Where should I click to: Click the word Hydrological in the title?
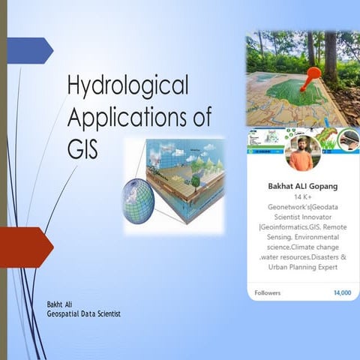click(x=127, y=86)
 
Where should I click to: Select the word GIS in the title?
click(x=82, y=147)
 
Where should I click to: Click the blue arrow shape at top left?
click(x=30, y=50)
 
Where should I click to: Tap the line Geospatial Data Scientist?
click(x=83, y=313)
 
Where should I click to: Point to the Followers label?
click(x=268, y=292)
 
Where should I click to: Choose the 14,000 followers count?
click(x=341, y=292)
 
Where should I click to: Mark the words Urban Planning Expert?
click(x=303, y=266)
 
